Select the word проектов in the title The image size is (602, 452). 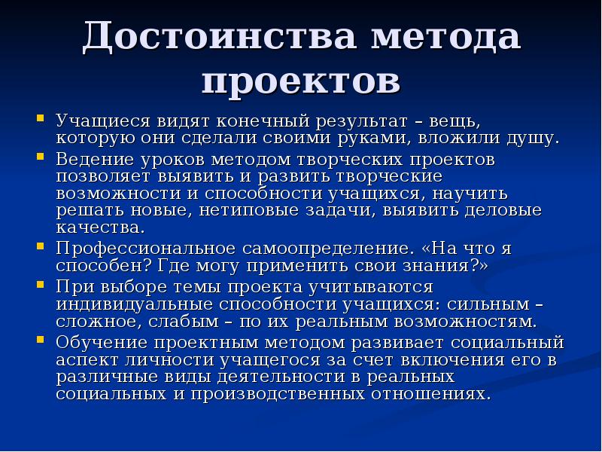click(301, 81)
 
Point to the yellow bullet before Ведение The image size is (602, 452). click(39, 159)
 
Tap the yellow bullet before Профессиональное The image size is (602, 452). click(39, 246)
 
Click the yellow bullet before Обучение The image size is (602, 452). click(39, 340)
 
